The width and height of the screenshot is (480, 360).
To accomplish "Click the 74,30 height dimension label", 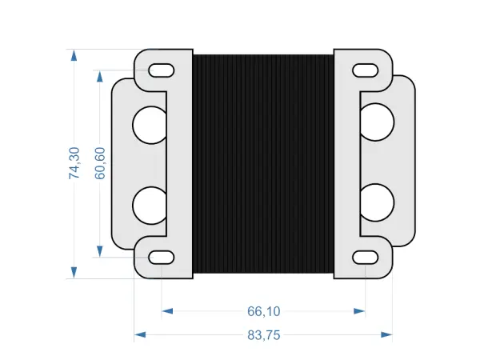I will tap(74, 163).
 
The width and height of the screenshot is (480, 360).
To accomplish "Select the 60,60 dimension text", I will tap(100, 163).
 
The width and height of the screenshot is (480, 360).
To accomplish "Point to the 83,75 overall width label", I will tap(263, 335).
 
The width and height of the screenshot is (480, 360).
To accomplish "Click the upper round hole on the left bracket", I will tap(149, 125).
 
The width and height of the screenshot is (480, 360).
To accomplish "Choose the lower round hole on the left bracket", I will tap(149, 205).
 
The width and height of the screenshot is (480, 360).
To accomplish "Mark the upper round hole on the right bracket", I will tap(377, 125).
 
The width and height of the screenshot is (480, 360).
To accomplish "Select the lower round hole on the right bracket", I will tap(377, 205).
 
